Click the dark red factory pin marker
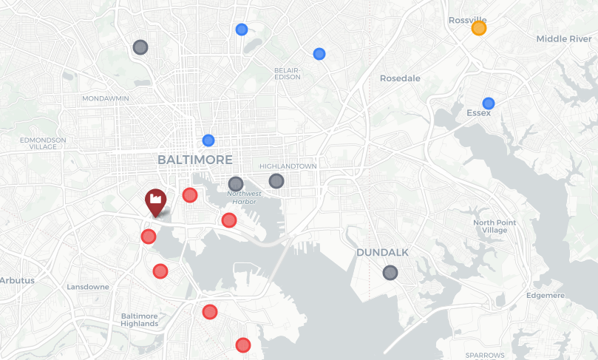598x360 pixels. (155, 201)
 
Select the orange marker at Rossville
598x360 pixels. (478, 28)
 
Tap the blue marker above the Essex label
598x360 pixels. (488, 103)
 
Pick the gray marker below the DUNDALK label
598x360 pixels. (390, 273)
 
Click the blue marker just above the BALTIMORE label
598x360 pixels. (208, 140)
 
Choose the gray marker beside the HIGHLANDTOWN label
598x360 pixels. (276, 180)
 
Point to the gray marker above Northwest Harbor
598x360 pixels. (236, 183)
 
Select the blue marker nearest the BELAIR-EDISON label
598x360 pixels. (319, 54)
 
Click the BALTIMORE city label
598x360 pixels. (195, 160)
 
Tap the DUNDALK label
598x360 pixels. (382, 253)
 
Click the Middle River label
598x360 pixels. (564, 39)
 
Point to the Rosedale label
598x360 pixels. (400, 78)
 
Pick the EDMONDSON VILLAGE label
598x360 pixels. (43, 143)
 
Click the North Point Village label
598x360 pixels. (495, 226)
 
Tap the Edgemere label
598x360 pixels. (546, 296)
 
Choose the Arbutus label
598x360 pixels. (16, 281)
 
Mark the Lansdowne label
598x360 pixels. (88, 287)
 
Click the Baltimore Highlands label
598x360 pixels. (140, 319)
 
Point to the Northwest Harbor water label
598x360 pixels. (245, 198)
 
